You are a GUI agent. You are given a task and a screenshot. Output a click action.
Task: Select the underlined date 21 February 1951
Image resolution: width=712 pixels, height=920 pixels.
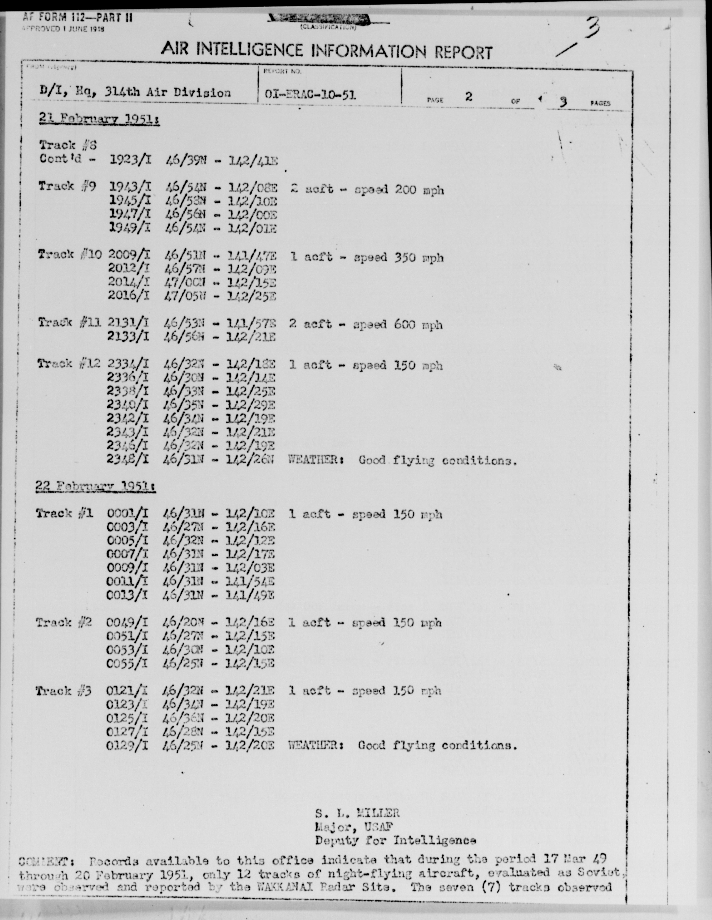tap(98, 120)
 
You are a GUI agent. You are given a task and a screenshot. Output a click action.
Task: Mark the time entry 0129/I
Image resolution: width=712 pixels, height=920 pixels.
tap(127, 746)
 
